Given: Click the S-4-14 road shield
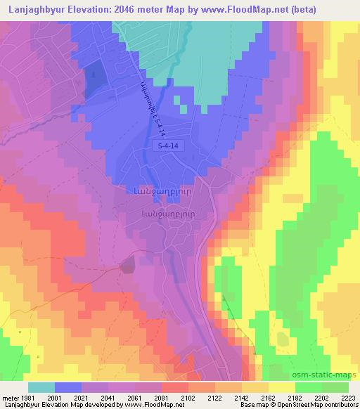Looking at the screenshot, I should pos(168,145).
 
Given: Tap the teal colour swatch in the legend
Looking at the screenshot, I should pos(41,387).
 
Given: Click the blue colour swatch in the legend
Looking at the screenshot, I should pos(68,387).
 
